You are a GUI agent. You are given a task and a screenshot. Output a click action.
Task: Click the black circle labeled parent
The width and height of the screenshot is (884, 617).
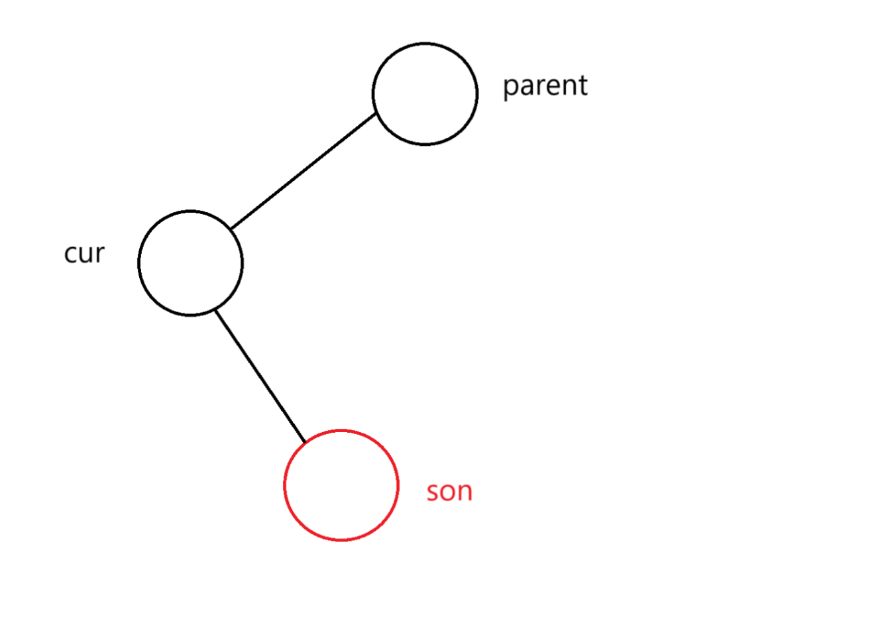click(x=425, y=93)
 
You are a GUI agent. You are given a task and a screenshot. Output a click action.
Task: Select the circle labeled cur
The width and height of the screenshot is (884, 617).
click(x=190, y=262)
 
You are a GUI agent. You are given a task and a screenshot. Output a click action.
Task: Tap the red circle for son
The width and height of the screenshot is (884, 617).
click(x=341, y=485)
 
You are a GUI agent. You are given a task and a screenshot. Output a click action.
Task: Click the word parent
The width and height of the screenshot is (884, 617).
click(x=545, y=86)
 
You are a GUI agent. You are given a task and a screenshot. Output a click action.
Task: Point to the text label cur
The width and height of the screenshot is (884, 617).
click(x=84, y=254)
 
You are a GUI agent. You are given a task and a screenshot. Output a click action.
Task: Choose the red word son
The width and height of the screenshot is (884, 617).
click(x=449, y=492)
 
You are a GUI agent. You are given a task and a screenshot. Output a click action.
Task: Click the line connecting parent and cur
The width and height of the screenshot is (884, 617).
click(x=303, y=171)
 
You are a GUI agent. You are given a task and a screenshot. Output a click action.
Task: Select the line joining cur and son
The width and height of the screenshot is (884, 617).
click(x=260, y=376)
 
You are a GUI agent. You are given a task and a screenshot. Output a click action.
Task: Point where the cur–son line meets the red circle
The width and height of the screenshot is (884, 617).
click(x=305, y=442)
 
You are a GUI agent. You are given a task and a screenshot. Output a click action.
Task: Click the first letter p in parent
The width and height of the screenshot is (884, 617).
click(x=510, y=88)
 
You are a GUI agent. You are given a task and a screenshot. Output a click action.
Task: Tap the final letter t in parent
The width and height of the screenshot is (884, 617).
click(x=582, y=85)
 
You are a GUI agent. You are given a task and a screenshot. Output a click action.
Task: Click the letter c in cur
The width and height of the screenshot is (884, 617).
click(x=70, y=254)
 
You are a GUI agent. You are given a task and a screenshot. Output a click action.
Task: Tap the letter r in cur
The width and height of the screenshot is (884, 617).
click(x=99, y=254)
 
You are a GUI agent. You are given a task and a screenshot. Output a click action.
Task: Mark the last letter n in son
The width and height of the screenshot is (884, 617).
click(x=465, y=492)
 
